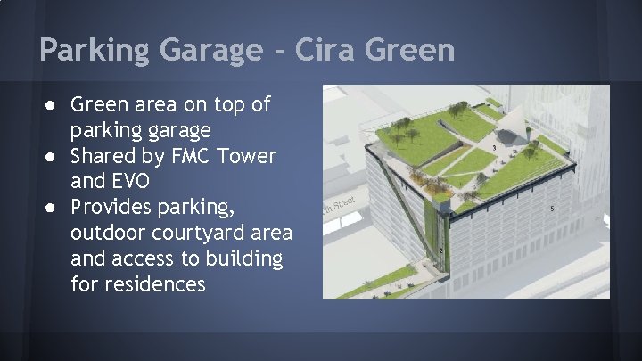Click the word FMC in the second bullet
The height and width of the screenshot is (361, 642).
(x=192, y=157)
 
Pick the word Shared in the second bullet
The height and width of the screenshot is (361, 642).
(x=101, y=157)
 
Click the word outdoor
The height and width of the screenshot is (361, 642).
(x=105, y=234)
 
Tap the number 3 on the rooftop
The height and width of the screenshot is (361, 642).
(x=494, y=146)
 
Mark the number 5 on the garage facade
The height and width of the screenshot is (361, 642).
(x=553, y=209)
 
